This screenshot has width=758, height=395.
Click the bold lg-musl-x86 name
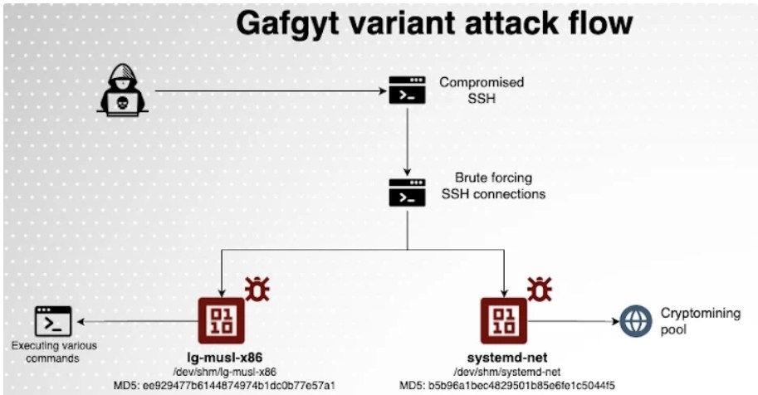pos(221,358)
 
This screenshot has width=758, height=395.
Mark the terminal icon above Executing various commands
pos(52,320)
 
